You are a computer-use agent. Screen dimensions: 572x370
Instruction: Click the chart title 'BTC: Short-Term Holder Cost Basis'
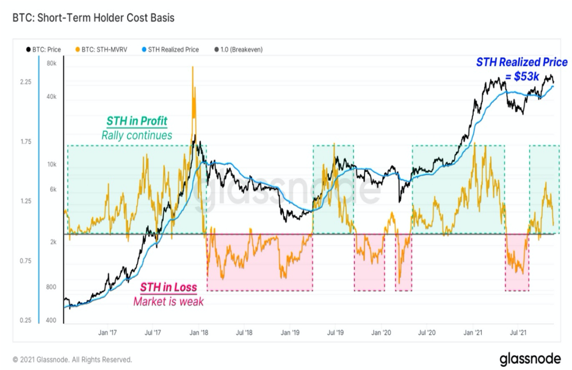[93, 18]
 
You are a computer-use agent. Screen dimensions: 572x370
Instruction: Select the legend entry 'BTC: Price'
[43, 49]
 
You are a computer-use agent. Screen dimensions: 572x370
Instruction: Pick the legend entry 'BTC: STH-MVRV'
[101, 49]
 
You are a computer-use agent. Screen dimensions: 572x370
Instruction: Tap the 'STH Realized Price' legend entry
[170, 49]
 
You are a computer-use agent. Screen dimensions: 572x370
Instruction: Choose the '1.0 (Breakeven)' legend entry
[239, 49]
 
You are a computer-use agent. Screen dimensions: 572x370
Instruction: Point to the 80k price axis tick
[52, 63]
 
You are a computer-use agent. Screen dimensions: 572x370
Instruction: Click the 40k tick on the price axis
[52, 96]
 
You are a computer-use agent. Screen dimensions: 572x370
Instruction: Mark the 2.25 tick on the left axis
[26, 82]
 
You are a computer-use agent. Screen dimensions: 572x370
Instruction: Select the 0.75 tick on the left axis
[26, 261]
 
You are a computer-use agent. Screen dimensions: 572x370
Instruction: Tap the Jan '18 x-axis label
[199, 332]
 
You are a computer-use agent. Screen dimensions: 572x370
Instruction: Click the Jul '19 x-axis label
[335, 332]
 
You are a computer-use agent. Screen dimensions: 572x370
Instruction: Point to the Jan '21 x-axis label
[472, 332]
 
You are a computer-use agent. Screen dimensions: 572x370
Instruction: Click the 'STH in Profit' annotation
[137, 121]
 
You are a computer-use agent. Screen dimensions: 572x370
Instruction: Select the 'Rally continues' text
[137, 136]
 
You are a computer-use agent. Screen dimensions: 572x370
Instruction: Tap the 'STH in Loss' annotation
[168, 288]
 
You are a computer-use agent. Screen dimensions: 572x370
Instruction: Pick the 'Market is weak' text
[168, 302]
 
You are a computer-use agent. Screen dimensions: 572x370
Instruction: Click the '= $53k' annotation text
[522, 77]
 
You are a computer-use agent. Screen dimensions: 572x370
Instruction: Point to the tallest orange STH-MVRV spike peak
[193, 67]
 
